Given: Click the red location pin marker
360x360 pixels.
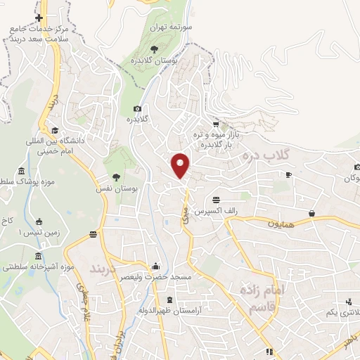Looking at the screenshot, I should tap(181, 165).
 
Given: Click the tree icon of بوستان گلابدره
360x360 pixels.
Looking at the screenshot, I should tap(154, 49).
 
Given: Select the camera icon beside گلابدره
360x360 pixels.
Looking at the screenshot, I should tap(137, 108).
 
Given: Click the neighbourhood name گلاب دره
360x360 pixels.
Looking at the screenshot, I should tap(263, 154).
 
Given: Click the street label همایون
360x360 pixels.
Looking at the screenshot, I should tap(267, 224).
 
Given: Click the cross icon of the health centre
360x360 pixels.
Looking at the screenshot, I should tap(39, 18).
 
